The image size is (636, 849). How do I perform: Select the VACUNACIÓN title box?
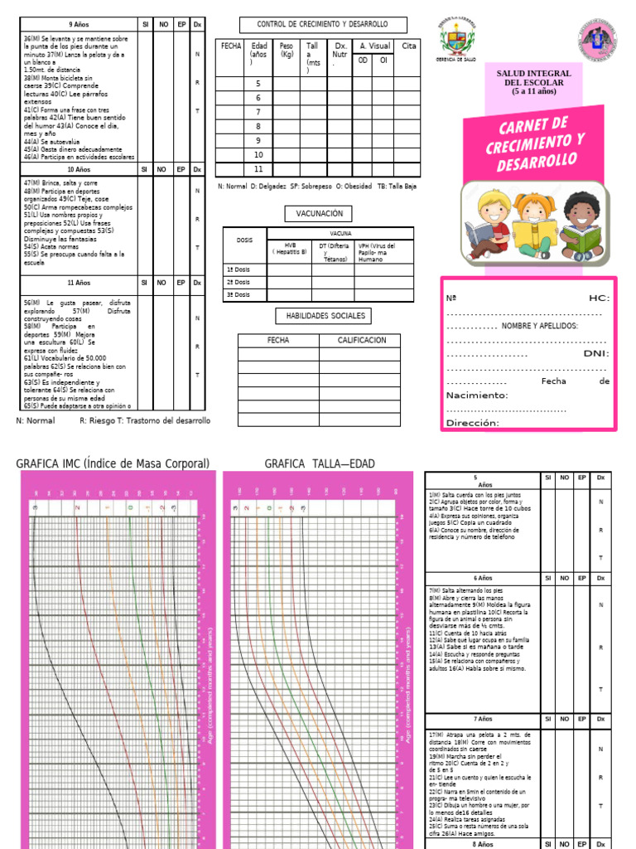[x=313, y=213]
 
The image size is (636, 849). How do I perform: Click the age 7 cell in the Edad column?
[x=258, y=112]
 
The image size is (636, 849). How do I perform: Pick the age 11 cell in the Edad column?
[x=258, y=168]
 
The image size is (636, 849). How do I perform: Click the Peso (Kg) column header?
[x=287, y=51]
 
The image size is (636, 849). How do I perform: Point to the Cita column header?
[x=408, y=47]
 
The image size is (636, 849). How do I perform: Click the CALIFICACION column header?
[x=362, y=340]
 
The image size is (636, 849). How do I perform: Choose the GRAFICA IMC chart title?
[x=113, y=463]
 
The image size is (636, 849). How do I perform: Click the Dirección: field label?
[x=472, y=423]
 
